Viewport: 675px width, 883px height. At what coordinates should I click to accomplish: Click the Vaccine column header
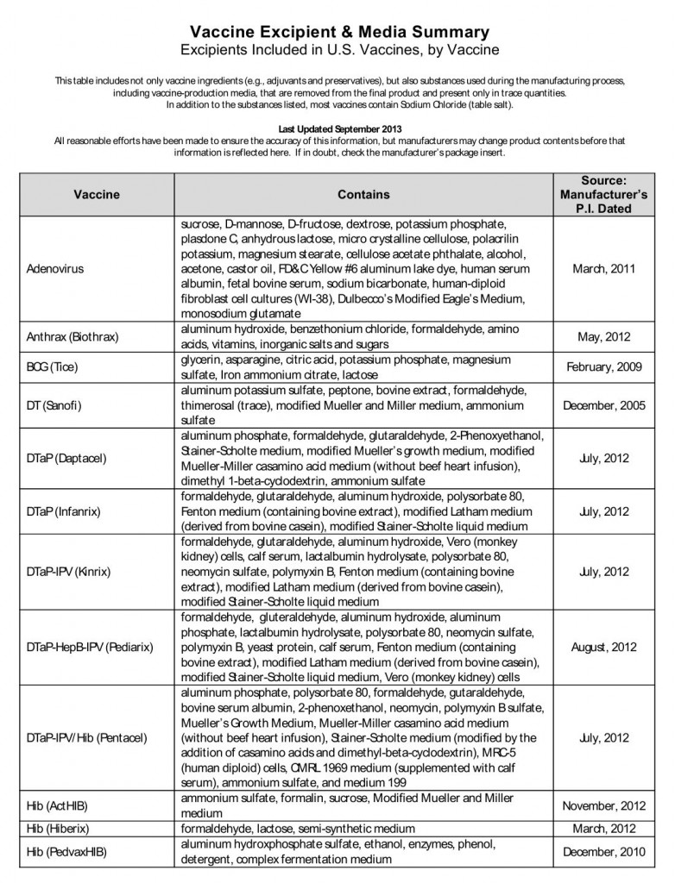(96, 195)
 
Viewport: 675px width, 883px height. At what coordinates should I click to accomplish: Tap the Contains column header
(363, 195)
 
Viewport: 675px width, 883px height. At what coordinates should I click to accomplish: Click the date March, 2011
(603, 268)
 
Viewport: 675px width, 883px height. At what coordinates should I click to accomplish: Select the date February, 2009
(603, 366)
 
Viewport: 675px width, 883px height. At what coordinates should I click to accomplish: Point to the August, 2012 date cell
(603, 648)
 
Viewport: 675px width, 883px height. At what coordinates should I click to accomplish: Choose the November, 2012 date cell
(603, 805)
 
